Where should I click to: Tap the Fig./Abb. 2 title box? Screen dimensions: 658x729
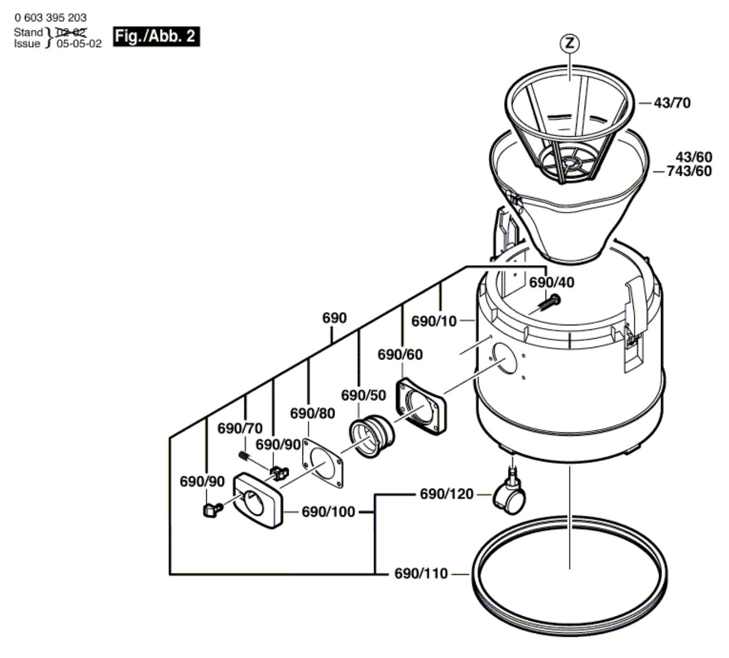pyautogui.click(x=156, y=36)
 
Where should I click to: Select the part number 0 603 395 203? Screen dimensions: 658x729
pyautogui.click(x=50, y=18)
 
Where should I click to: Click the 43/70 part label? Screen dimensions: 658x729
pyautogui.click(x=672, y=103)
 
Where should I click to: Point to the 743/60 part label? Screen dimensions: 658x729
pyautogui.click(x=689, y=171)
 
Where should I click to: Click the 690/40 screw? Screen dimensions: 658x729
pyautogui.click(x=549, y=303)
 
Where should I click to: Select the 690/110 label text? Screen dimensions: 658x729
pyautogui.click(x=421, y=574)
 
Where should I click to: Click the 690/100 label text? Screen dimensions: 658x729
pyautogui.click(x=328, y=512)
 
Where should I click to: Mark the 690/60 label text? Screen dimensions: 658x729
pyautogui.click(x=400, y=355)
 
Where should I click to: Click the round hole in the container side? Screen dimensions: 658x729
pyautogui.click(x=505, y=358)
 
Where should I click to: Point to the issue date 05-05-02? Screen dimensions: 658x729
pyautogui.click(x=79, y=44)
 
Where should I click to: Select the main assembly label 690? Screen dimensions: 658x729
pyautogui.click(x=334, y=318)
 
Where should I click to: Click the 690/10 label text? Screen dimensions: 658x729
pyautogui.click(x=434, y=321)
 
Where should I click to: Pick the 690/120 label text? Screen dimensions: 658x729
pyautogui.click(x=446, y=494)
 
